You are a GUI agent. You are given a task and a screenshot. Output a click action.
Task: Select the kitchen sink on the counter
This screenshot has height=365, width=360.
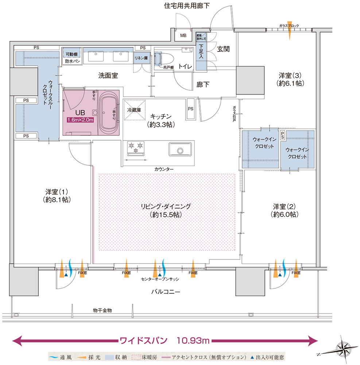(x=180, y=149)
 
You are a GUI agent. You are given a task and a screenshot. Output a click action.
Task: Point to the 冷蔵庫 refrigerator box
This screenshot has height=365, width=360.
(x=134, y=109)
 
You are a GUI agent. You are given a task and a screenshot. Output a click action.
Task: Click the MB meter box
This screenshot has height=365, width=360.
(x=183, y=35)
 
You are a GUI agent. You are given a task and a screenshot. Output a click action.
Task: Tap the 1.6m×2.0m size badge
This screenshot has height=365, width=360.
(x=80, y=120)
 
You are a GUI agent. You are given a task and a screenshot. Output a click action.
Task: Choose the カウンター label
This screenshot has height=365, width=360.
(x=164, y=169)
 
